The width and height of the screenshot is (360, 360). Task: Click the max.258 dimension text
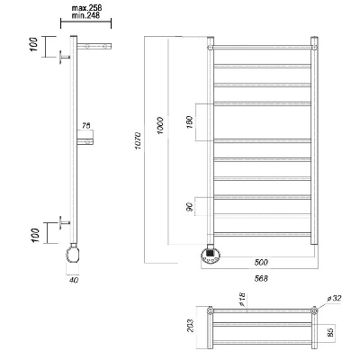point(86,8)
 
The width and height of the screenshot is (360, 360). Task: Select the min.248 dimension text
point(85,15)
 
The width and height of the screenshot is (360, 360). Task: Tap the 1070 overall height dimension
point(137,140)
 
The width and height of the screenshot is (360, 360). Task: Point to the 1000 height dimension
point(161,125)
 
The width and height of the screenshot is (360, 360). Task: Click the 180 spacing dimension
point(190,122)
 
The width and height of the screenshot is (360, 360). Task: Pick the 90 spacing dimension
point(190,207)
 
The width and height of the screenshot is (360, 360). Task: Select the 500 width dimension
point(261,263)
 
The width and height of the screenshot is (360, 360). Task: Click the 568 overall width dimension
point(261,278)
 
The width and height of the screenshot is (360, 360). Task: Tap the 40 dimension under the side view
point(74,280)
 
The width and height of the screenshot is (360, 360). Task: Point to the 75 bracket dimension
point(86,126)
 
